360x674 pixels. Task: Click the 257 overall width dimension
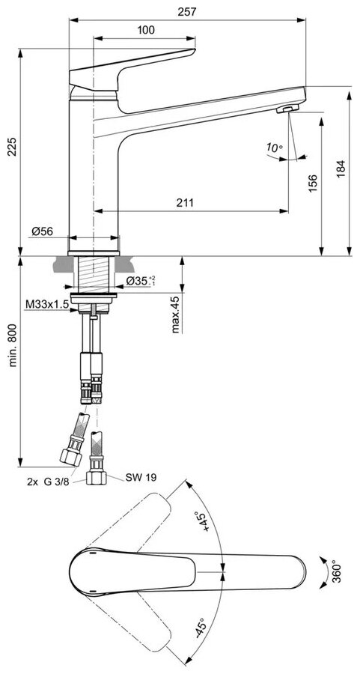[187, 12]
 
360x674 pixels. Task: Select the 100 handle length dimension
[146, 30]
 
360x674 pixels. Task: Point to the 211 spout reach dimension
[186, 202]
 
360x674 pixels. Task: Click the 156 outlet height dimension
[313, 183]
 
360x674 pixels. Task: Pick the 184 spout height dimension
[341, 169]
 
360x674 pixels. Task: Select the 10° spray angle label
[274, 148]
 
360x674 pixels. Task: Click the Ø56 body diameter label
[42, 231]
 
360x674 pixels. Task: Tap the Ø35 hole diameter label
[141, 281]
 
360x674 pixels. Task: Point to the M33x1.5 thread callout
[47, 304]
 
